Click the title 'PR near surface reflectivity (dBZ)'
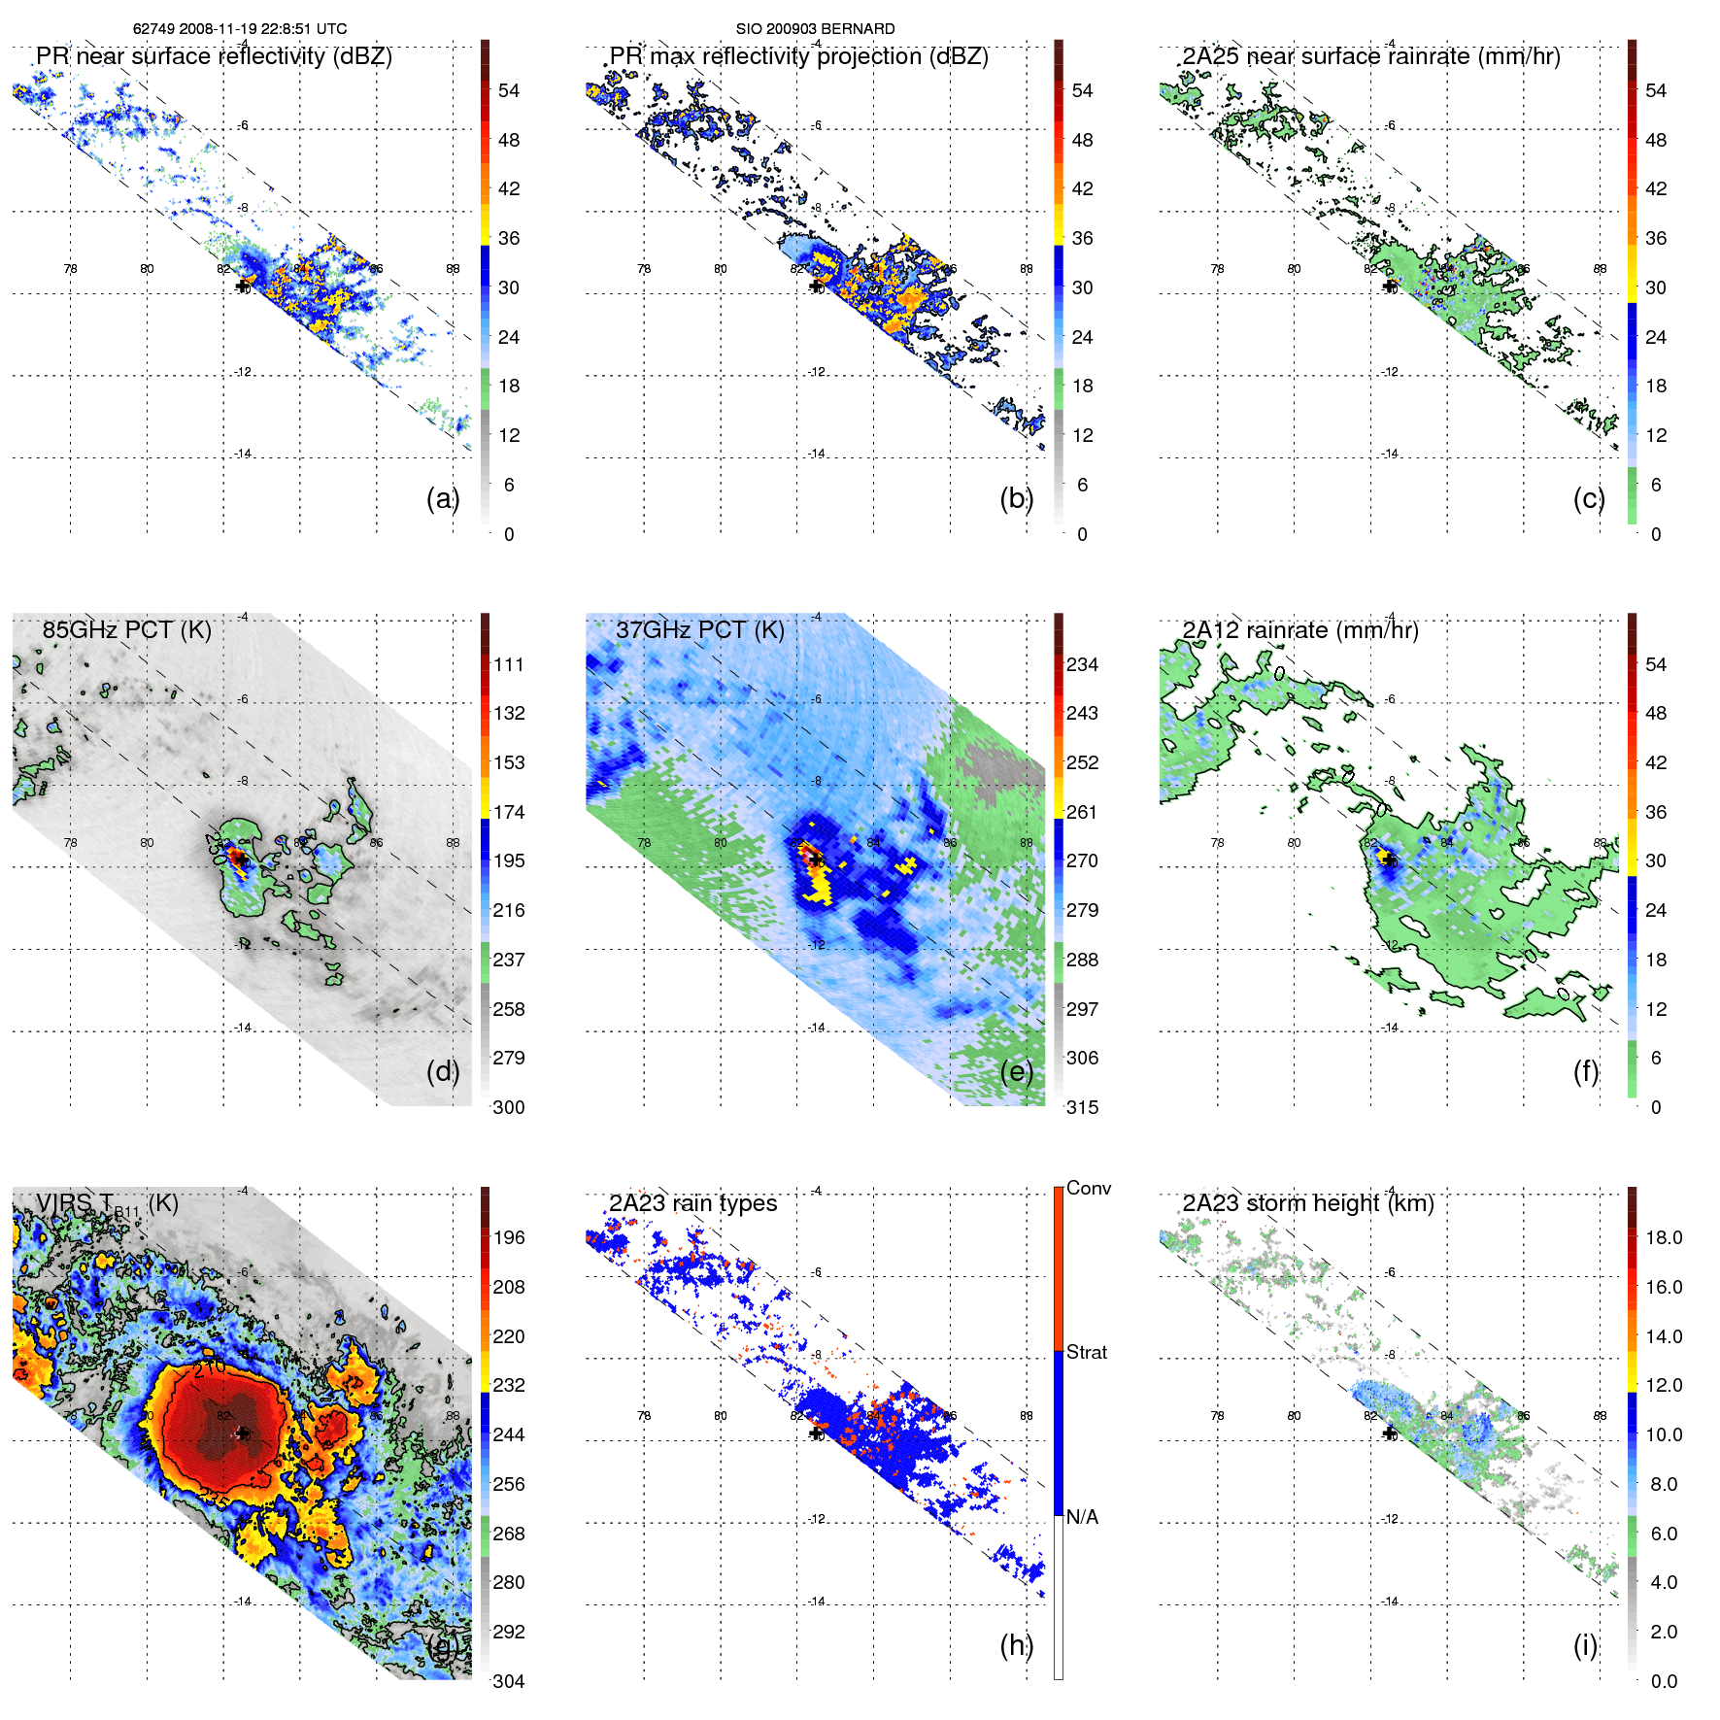pyautogui.click(x=214, y=56)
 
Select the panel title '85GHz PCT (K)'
pyautogui.click(x=126, y=630)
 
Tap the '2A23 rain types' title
pyautogui.click(x=692, y=1203)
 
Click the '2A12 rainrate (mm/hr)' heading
pyautogui.click(x=1300, y=630)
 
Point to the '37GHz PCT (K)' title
pyautogui.click(x=699, y=630)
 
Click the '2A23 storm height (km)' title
pyautogui.click(x=1307, y=1203)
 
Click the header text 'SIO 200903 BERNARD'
pyautogui.click(x=815, y=29)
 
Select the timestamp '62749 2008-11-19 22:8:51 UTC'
pyautogui.click(x=240, y=29)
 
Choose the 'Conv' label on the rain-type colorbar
pyautogui.click(x=1088, y=1189)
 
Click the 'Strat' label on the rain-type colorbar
pyautogui.click(x=1086, y=1353)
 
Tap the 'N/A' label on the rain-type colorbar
pyautogui.click(x=1082, y=1517)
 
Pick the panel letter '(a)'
pyautogui.click(x=443, y=499)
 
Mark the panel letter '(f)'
pyautogui.click(x=1586, y=1071)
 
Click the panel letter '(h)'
pyautogui.click(x=1017, y=1645)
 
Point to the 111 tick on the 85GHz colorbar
pyautogui.click(x=509, y=665)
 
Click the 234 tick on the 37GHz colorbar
pyautogui.click(x=1082, y=665)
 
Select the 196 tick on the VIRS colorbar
pyautogui.click(x=509, y=1238)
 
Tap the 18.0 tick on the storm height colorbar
pyautogui.click(x=1663, y=1238)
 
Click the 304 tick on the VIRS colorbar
pyautogui.click(x=509, y=1681)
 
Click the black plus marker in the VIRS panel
pyautogui.click(x=243, y=1433)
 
